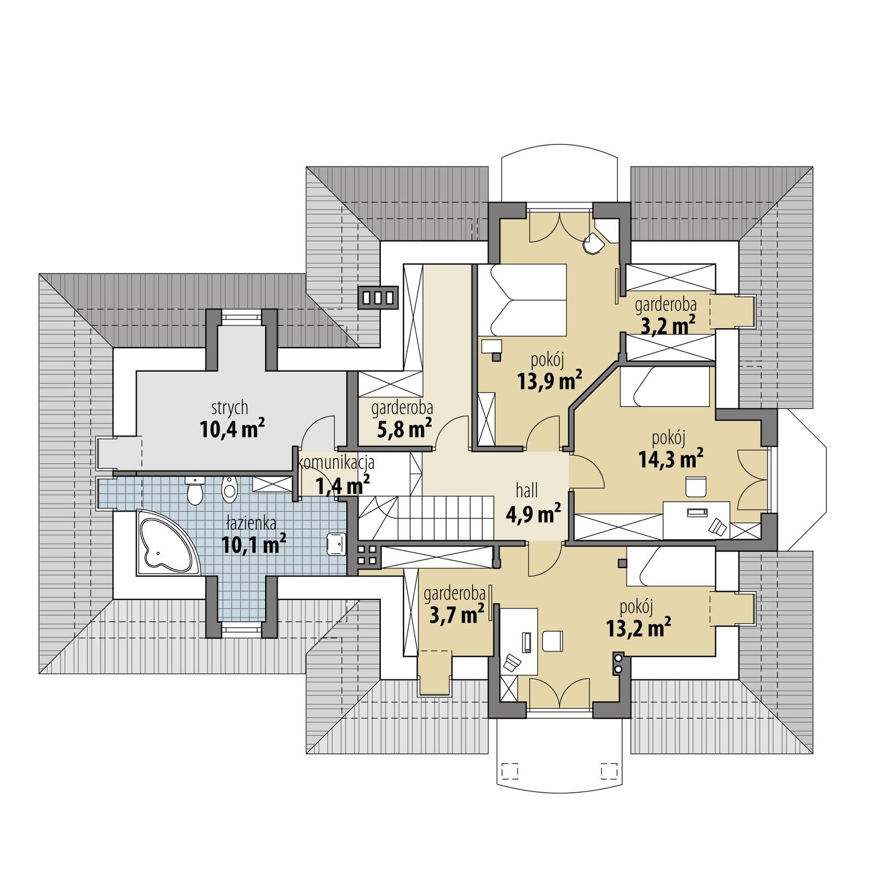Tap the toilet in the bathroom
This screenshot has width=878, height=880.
(195, 490)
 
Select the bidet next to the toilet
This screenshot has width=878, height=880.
(230, 488)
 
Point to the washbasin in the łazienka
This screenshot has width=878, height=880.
(335, 543)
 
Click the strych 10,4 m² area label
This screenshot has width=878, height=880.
(232, 429)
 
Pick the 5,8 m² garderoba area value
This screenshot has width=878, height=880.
(404, 429)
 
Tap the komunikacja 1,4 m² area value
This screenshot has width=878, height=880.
(342, 485)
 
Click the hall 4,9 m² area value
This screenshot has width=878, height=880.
(533, 514)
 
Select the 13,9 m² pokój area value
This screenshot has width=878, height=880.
(549, 380)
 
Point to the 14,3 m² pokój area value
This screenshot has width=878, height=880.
(671, 458)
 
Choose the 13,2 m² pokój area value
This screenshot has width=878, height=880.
(639, 627)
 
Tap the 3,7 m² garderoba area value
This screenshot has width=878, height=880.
(456, 614)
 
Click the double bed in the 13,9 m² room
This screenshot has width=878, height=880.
(521, 300)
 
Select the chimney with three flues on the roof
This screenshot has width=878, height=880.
(378, 298)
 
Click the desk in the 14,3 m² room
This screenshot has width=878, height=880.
(696, 519)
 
